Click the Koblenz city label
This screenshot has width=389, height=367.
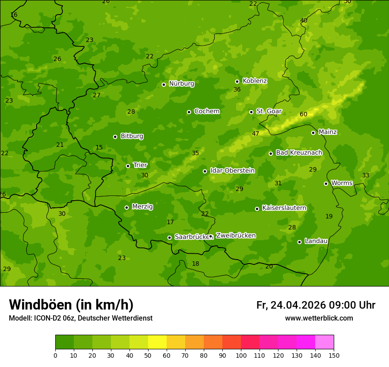click(x=255, y=81)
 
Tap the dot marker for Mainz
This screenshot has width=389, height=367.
click(x=313, y=133)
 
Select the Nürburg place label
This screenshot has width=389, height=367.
click(x=181, y=84)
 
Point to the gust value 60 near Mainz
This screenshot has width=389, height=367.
click(x=303, y=115)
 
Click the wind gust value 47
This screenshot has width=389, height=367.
click(x=256, y=134)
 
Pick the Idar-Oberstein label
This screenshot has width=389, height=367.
click(x=232, y=171)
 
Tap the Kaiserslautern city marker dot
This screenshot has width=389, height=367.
click(x=257, y=209)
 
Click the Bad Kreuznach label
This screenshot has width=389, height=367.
click(x=299, y=153)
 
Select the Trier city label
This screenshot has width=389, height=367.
click(x=140, y=165)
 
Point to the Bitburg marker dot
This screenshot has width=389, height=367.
click(x=115, y=137)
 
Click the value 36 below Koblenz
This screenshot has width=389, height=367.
click(x=237, y=90)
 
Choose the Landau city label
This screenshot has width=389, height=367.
click(x=316, y=241)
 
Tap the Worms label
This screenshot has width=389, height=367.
click(x=342, y=183)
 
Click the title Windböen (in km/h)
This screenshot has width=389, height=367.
click(x=71, y=305)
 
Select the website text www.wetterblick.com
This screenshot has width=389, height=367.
click(x=319, y=318)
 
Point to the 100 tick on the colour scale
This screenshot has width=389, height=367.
click(x=241, y=355)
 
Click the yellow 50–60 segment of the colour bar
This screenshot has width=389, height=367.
click(x=157, y=342)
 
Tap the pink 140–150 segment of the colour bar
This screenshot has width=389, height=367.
click(x=324, y=342)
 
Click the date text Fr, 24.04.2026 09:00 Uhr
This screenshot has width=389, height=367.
click(x=316, y=305)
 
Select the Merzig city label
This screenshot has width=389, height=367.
click(x=142, y=206)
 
